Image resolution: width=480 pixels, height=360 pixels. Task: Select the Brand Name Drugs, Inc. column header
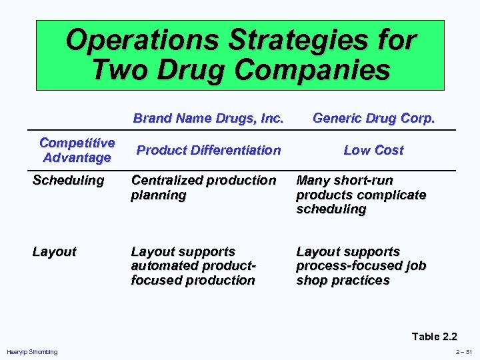pyautogui.click(x=208, y=119)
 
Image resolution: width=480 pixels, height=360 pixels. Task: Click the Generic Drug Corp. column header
pyautogui.click(x=373, y=119)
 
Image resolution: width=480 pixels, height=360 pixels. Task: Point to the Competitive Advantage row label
pyautogui.click(x=77, y=150)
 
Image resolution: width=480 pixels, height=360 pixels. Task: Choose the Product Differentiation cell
pyautogui.click(x=208, y=150)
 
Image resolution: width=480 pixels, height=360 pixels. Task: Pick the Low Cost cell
pyautogui.click(x=373, y=150)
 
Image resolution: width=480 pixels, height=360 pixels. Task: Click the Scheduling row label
pyautogui.click(x=69, y=180)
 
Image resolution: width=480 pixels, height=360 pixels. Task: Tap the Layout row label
pyautogui.click(x=55, y=251)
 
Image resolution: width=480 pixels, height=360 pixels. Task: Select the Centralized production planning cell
pyautogui.click(x=203, y=187)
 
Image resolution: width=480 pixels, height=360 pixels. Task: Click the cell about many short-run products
pyautogui.click(x=361, y=194)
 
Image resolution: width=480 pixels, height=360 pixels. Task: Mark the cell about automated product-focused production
pyautogui.click(x=193, y=266)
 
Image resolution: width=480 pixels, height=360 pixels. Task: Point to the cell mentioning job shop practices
pyautogui.click(x=361, y=266)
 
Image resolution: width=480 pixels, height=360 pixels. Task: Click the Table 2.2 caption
pyautogui.click(x=434, y=336)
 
